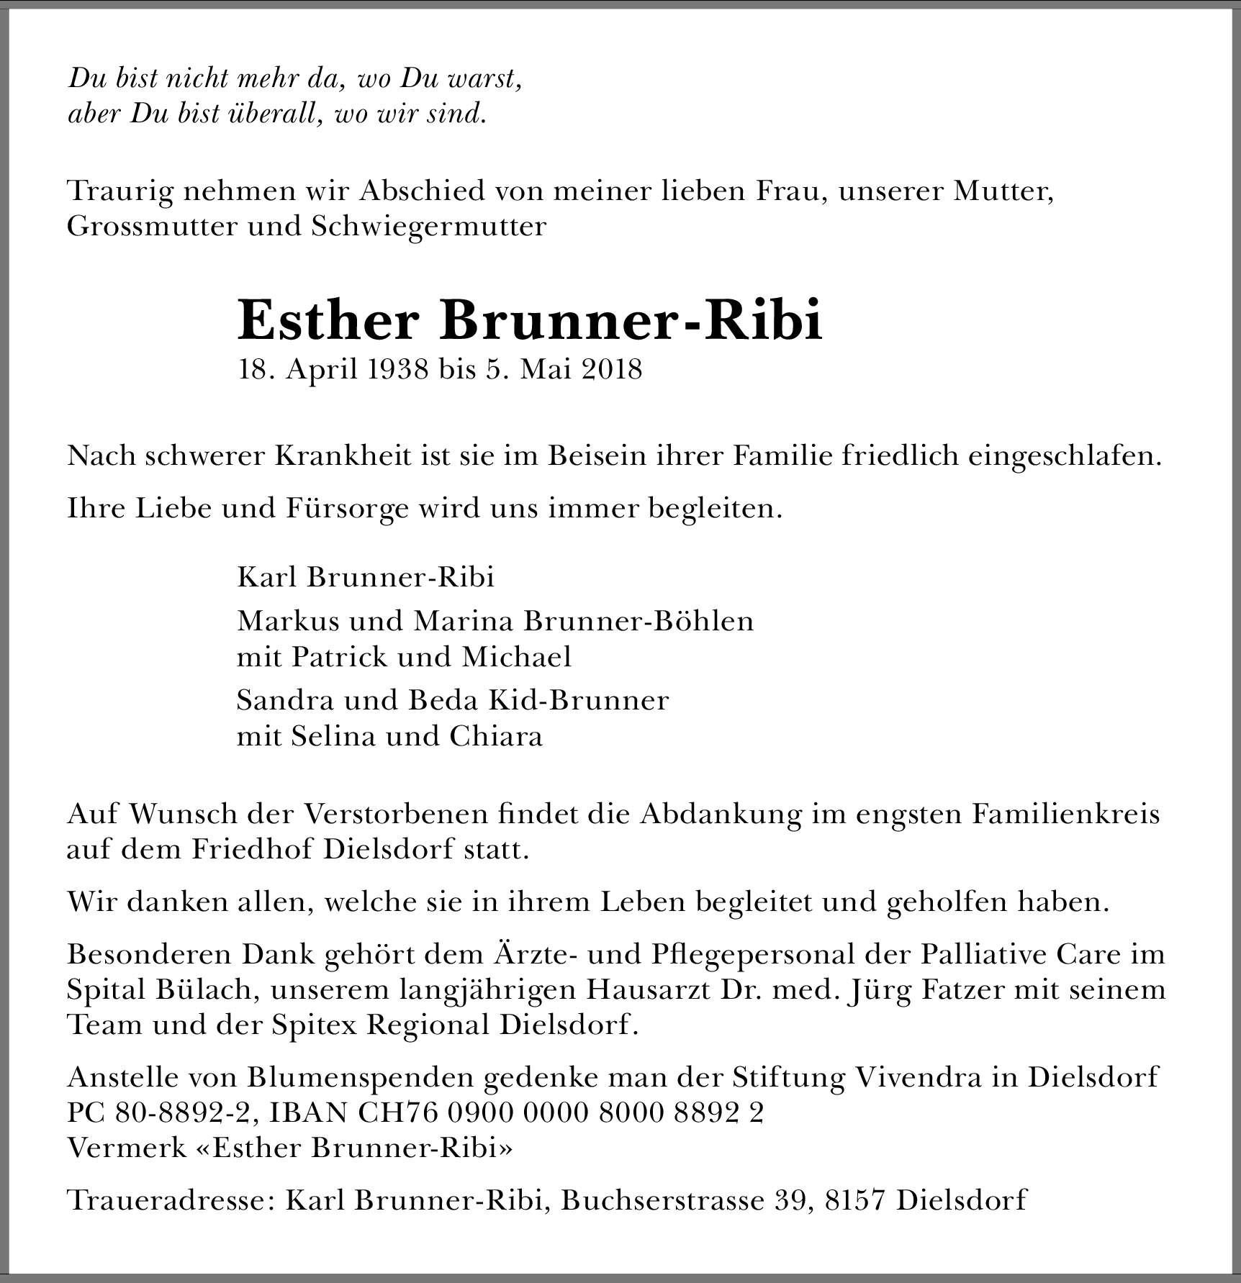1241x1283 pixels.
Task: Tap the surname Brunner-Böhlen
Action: (x=638, y=620)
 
